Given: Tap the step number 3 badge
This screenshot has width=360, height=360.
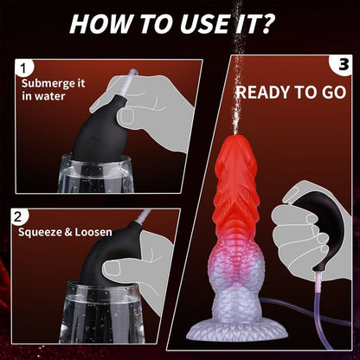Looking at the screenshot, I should coord(342,63).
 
